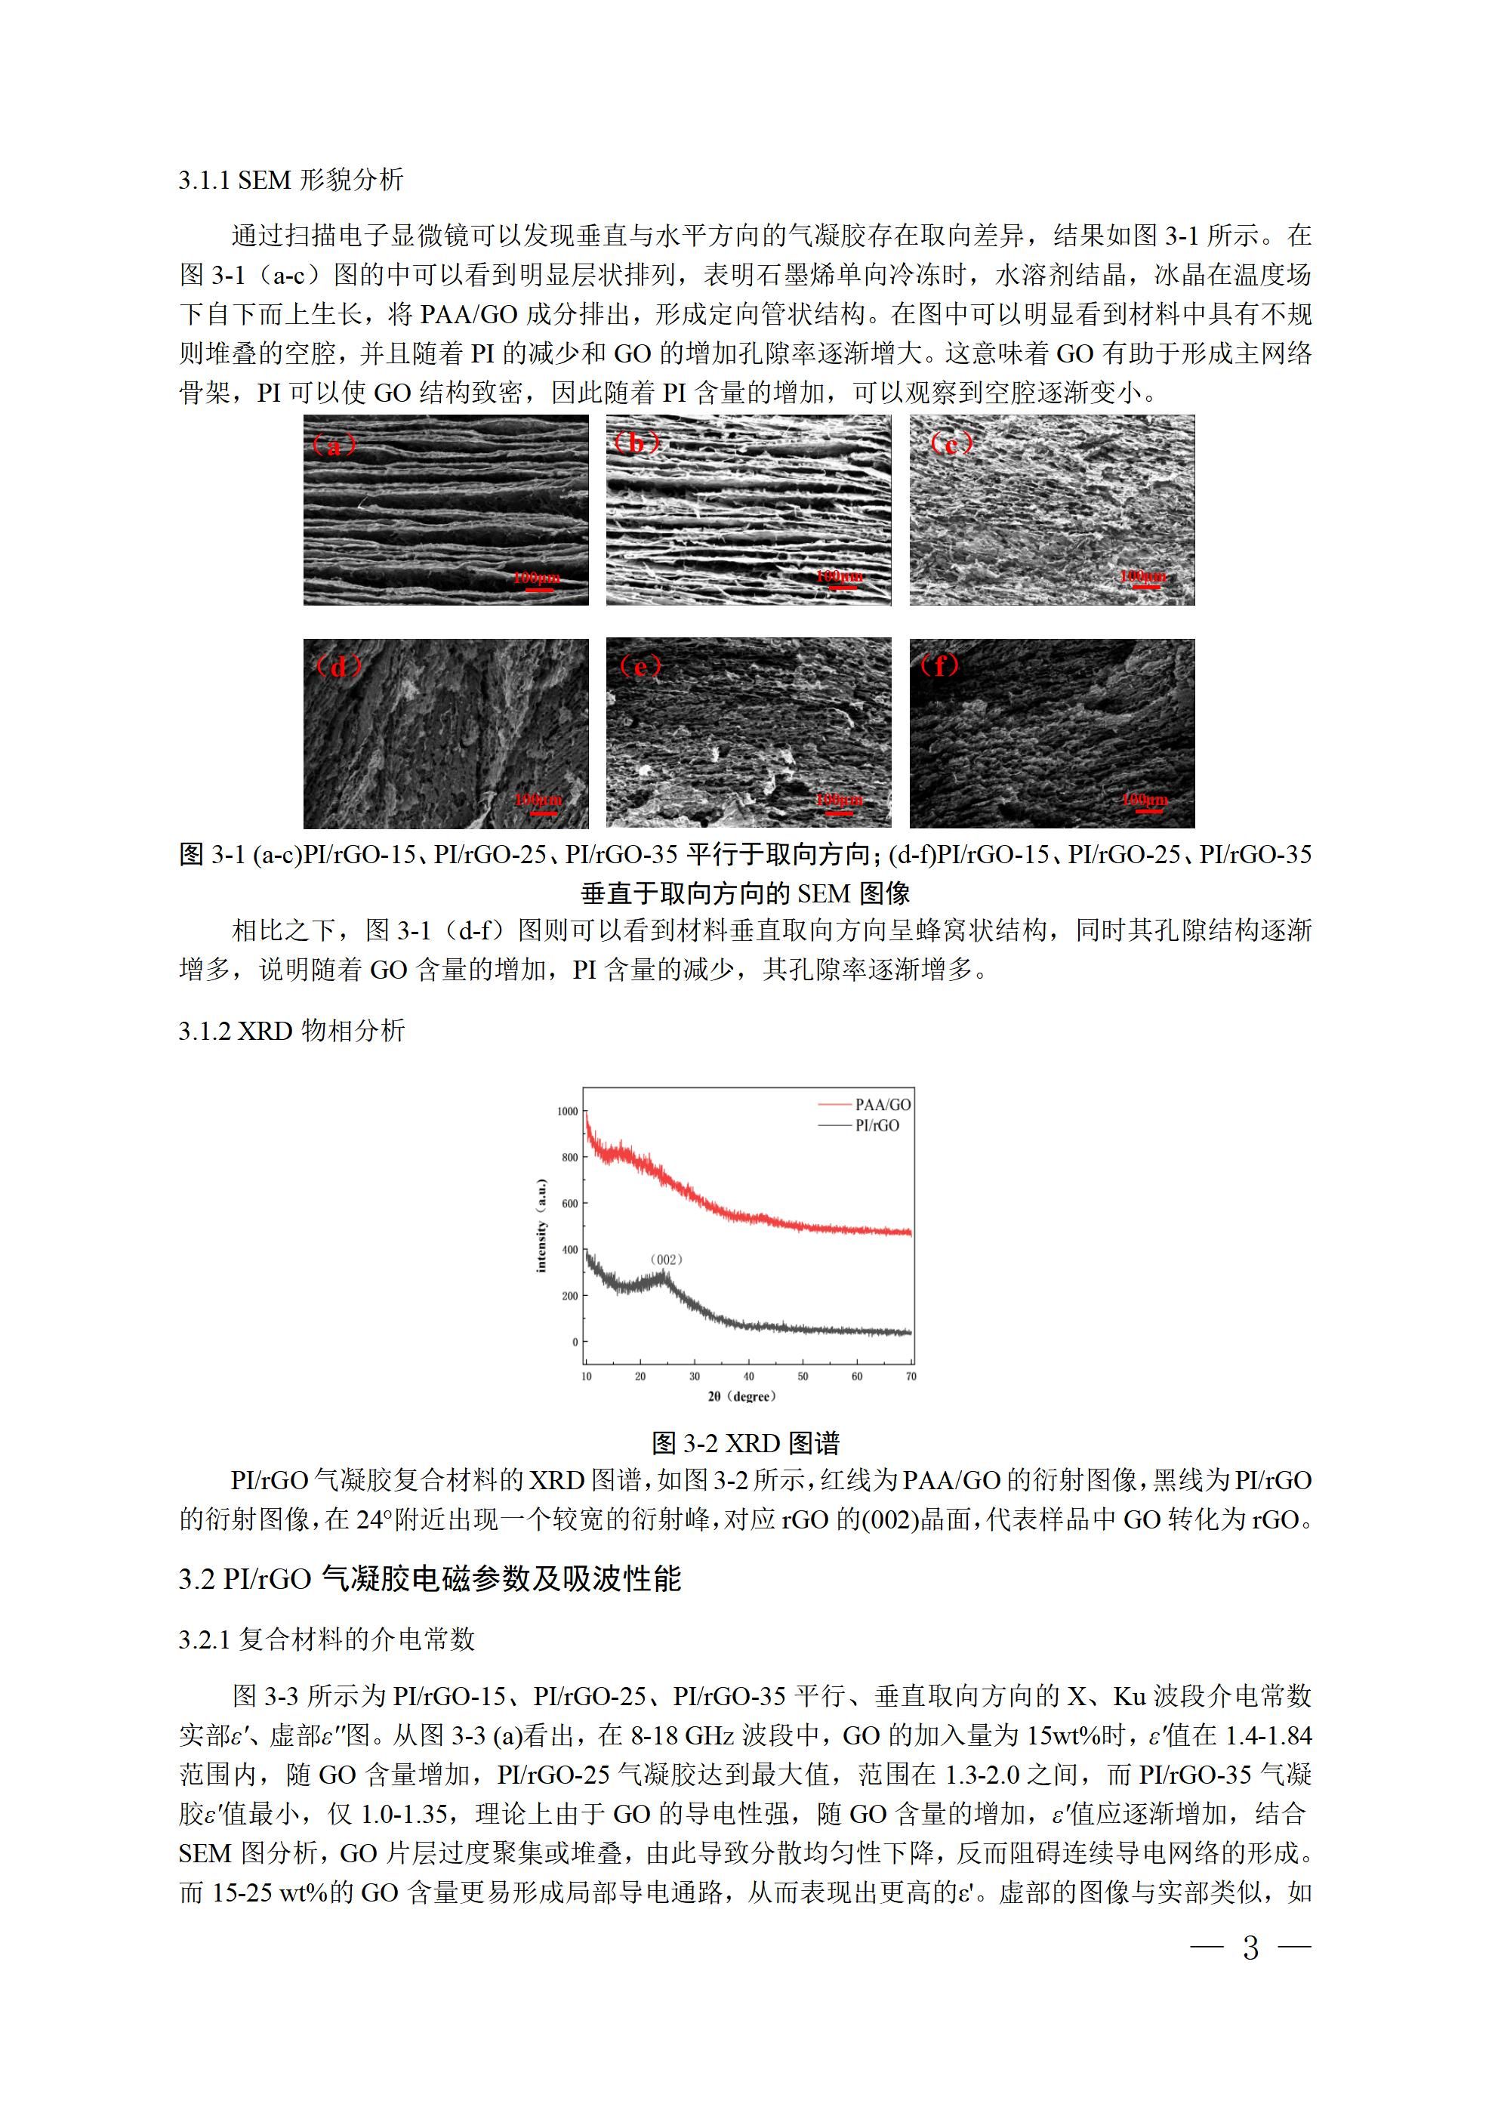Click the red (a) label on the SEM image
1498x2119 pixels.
tap(334, 445)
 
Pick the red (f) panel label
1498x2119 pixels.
tap(939, 665)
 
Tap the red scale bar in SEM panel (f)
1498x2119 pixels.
tap(1145, 811)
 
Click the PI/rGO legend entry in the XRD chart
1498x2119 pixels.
tap(877, 1125)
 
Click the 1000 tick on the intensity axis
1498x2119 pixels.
tap(567, 1111)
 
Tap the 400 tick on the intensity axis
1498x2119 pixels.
tap(569, 1250)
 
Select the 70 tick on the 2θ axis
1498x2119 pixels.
tap(911, 1376)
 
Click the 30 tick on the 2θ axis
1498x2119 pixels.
tap(694, 1376)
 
